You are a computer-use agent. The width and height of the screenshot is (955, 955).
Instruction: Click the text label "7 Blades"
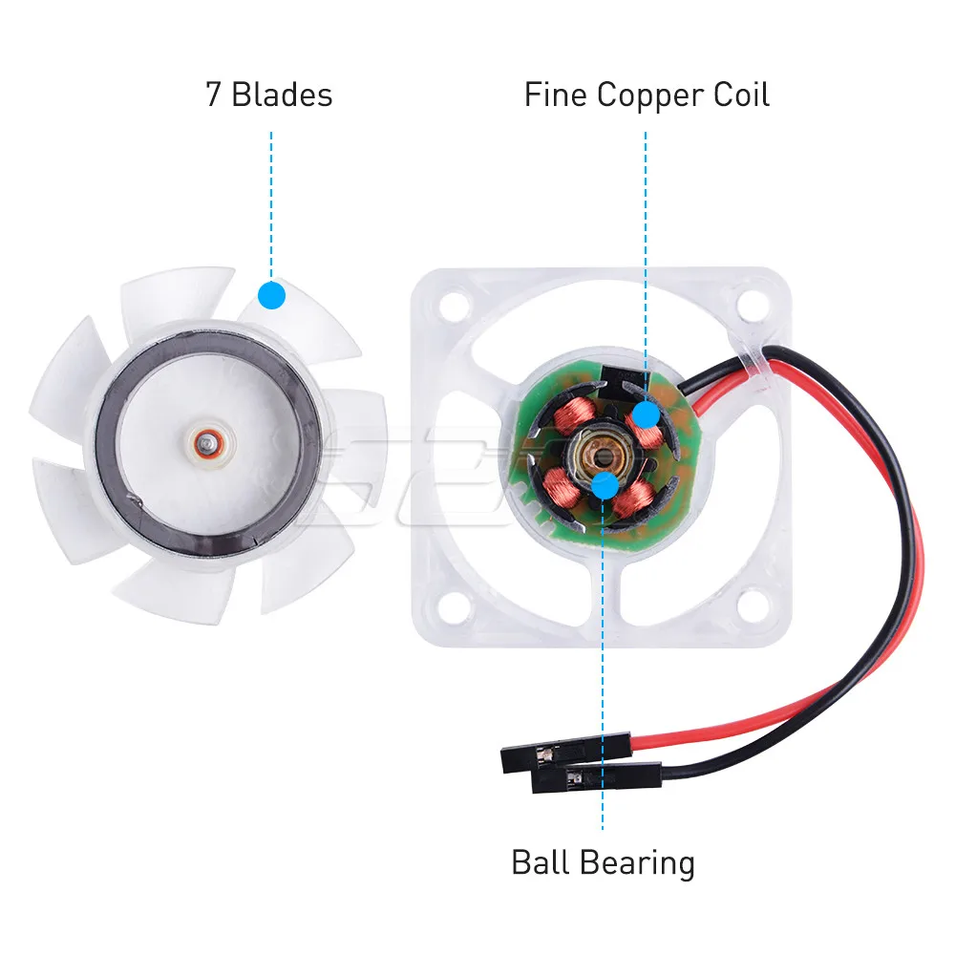tap(269, 95)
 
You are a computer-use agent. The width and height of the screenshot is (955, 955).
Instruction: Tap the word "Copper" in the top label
tap(647, 95)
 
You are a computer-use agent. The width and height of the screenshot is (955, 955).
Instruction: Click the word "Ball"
tap(541, 862)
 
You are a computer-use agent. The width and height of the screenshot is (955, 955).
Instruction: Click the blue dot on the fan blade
tap(271, 294)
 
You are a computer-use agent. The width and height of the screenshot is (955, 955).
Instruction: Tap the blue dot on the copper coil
tap(646, 414)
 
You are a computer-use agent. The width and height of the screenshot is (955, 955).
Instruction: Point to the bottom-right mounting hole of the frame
tap(753, 603)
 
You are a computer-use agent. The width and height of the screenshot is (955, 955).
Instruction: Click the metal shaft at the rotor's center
tap(207, 442)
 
